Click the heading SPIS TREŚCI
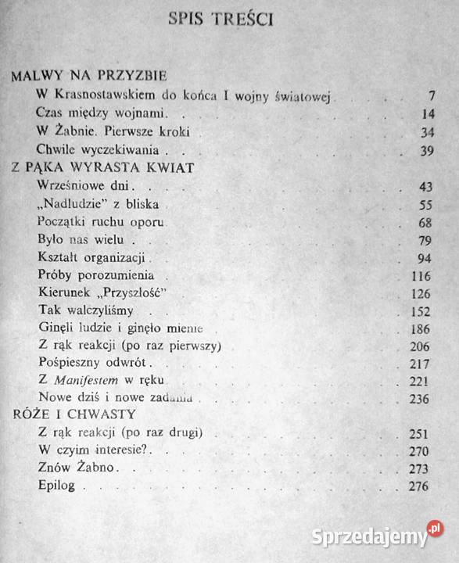pyautogui.click(x=221, y=20)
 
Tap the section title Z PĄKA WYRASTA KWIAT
pyautogui.click(x=102, y=167)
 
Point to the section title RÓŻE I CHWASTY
pyautogui.click(x=74, y=414)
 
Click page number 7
pyautogui.click(x=430, y=96)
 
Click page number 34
pyautogui.click(x=427, y=131)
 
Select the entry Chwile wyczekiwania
pyautogui.click(x=98, y=149)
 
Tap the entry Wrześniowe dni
pyautogui.click(x=85, y=186)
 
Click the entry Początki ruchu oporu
pyautogui.click(x=102, y=222)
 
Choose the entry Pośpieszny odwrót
pyautogui.click(x=93, y=364)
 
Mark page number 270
pyautogui.click(x=423, y=451)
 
